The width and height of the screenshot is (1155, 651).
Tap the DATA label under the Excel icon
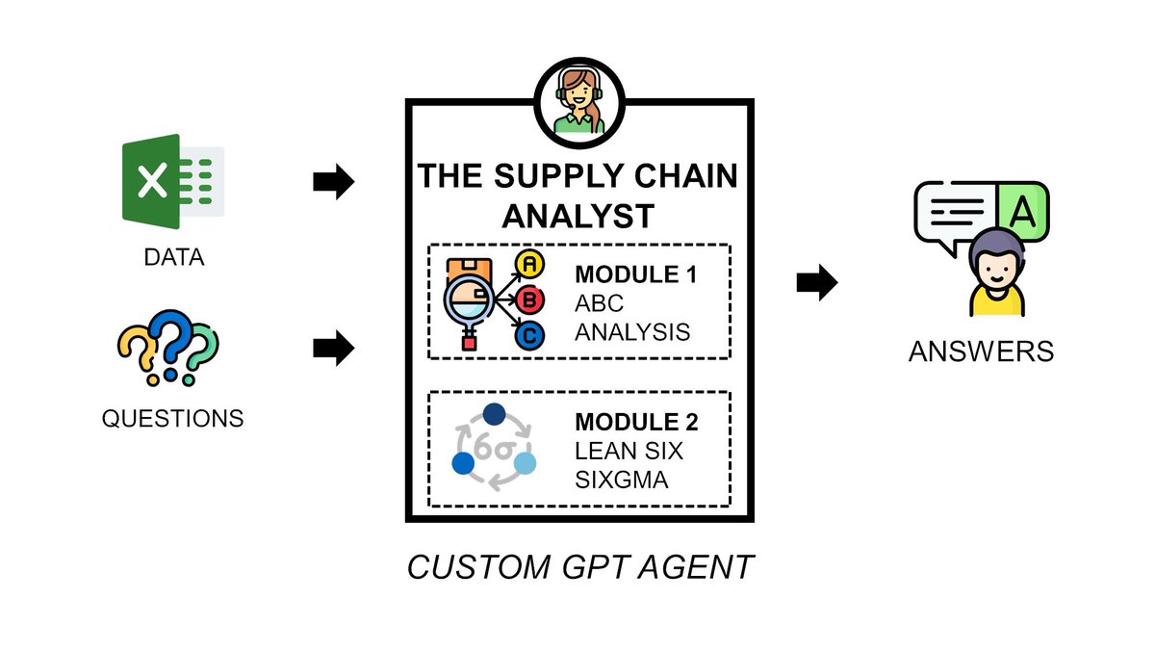pyautogui.click(x=173, y=258)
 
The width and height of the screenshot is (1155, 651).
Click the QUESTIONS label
pyautogui.click(x=172, y=419)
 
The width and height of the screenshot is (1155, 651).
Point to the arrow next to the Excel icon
pyautogui.click(x=333, y=182)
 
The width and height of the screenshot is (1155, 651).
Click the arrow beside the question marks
pyautogui.click(x=333, y=349)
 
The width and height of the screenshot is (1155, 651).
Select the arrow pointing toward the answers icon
pyautogui.click(x=817, y=282)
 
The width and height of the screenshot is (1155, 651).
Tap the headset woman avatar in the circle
pyautogui.click(x=578, y=99)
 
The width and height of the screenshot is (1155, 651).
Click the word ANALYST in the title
pyautogui.click(x=577, y=216)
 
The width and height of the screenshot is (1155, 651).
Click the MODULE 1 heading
pyautogui.click(x=635, y=275)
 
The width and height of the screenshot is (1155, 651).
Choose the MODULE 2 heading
pyautogui.click(x=635, y=422)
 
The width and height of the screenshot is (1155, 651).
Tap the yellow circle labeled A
pyautogui.click(x=528, y=264)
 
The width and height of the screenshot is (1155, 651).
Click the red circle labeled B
pyautogui.click(x=528, y=300)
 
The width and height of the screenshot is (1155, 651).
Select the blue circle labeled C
pyautogui.click(x=528, y=337)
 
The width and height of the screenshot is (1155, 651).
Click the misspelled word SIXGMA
pyautogui.click(x=621, y=479)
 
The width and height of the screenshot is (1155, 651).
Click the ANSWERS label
pyautogui.click(x=981, y=352)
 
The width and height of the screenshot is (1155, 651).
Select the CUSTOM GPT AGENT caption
pyautogui.click(x=579, y=567)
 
